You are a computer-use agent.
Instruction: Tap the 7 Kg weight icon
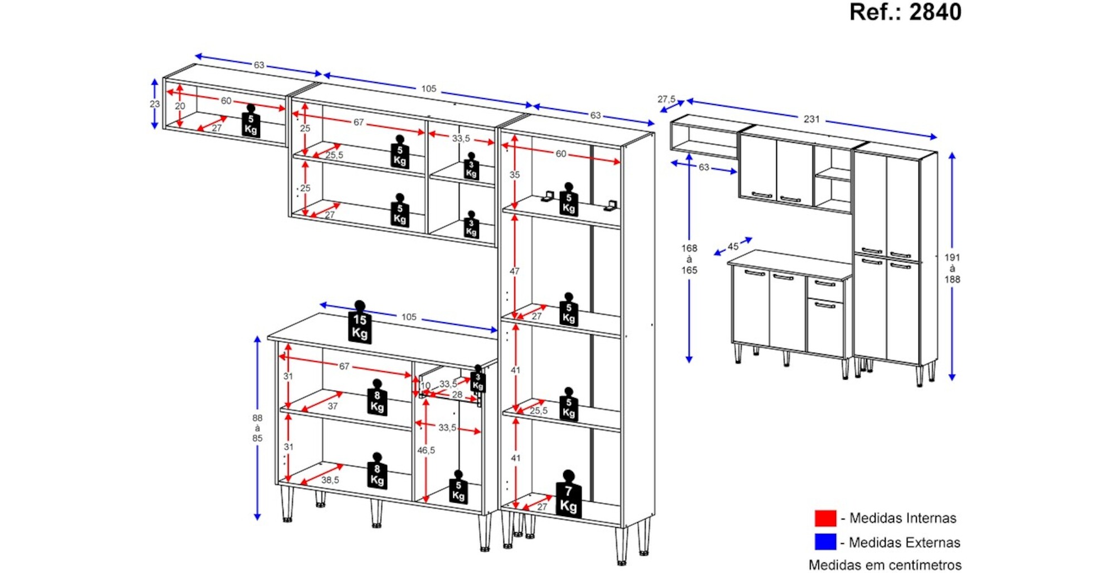pyautogui.click(x=568, y=496)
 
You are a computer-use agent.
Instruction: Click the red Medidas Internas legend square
pyautogui.click(x=825, y=518)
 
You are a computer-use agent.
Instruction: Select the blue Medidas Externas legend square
pyautogui.click(x=825, y=542)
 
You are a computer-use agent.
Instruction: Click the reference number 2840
pyautogui.click(x=935, y=12)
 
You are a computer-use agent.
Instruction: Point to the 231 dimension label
pyautogui.click(x=812, y=119)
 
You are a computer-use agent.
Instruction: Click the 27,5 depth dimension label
pyautogui.click(x=666, y=99)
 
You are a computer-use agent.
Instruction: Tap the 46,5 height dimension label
pyautogui.click(x=426, y=450)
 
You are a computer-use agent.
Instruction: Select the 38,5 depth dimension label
pyautogui.click(x=330, y=480)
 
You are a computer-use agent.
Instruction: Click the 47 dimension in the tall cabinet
pyautogui.click(x=514, y=271)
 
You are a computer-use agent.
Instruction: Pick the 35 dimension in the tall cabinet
pyautogui.click(x=515, y=174)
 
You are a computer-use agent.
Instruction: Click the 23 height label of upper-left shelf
pyautogui.click(x=155, y=104)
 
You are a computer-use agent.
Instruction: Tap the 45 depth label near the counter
pyautogui.click(x=733, y=246)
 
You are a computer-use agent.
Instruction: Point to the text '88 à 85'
pyautogui.click(x=257, y=428)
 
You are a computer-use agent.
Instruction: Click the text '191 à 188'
pyautogui.click(x=952, y=268)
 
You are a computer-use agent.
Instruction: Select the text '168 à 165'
pyautogui.click(x=689, y=259)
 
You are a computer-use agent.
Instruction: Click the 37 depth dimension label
pyautogui.click(x=333, y=406)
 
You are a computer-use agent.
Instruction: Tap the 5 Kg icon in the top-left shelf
pyautogui.click(x=251, y=122)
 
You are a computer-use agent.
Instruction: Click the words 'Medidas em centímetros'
pyautogui.click(x=885, y=565)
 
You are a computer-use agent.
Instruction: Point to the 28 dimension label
pyautogui.click(x=457, y=395)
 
